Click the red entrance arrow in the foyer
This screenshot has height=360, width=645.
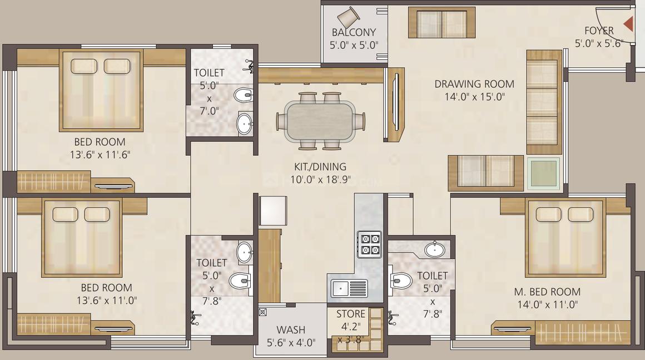click(x=628, y=24)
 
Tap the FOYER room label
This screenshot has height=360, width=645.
click(x=598, y=31)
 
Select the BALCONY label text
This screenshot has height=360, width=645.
click(x=354, y=33)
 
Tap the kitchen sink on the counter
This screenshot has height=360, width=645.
click(x=349, y=288)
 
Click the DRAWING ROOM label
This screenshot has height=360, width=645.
click(x=474, y=85)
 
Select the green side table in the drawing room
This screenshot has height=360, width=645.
click(x=543, y=174)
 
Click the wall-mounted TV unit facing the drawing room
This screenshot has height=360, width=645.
click(x=394, y=105)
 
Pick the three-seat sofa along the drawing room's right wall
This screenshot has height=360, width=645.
click(x=544, y=102)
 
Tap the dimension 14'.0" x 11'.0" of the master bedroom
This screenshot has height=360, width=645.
click(x=547, y=304)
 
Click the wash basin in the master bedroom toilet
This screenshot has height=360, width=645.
click(x=434, y=249)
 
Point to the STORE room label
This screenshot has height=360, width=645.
click(x=351, y=314)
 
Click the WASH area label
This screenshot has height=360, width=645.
click(x=291, y=331)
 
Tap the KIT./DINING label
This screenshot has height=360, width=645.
click(x=320, y=167)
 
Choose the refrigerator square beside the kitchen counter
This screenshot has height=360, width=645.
click(x=272, y=210)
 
